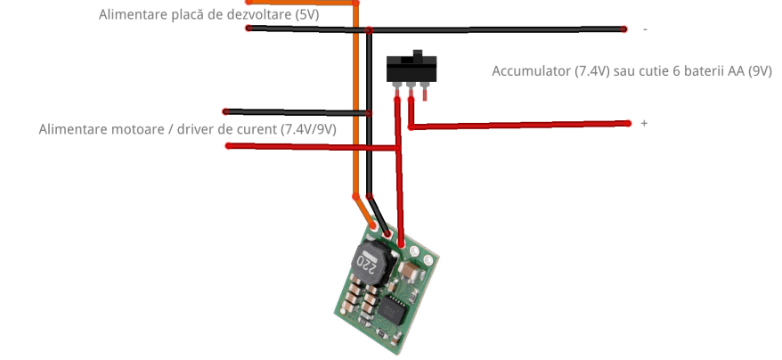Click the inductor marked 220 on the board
pos(368,261)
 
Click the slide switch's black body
pos(411,67)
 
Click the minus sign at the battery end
pos(645,29)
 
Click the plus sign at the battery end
pos(644,123)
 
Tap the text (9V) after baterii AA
pos(760,70)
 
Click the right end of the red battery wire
pos(627,123)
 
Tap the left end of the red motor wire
pos(230,144)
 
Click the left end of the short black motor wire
pos(226,111)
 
